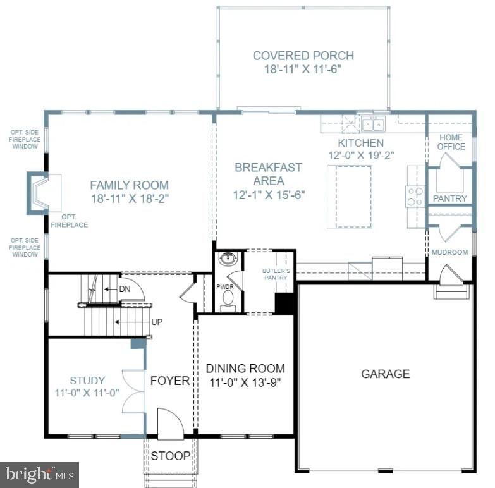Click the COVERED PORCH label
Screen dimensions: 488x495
303,56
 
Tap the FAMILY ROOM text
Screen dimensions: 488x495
129,185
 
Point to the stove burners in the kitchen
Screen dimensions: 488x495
415,197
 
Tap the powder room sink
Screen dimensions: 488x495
227,260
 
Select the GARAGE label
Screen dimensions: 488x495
385,374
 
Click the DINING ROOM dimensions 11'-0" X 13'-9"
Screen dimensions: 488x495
245,382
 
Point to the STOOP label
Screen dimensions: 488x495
171,455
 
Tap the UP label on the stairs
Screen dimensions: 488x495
157,322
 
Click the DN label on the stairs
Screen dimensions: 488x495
125,289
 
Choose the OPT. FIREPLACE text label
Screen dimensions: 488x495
70,221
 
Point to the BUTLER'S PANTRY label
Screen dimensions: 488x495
276,274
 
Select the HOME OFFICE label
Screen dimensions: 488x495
451,142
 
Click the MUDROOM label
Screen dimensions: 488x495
449,252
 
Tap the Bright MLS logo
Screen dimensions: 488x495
40,472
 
